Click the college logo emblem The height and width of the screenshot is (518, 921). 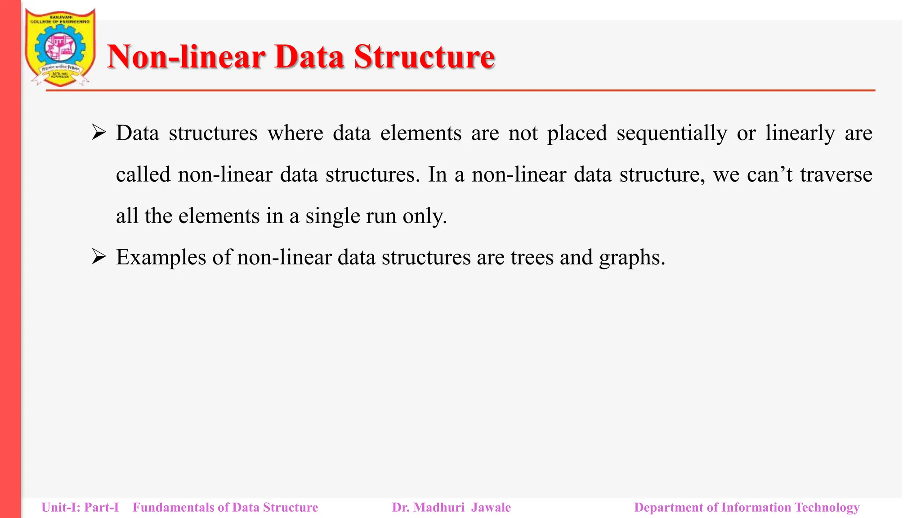(60, 48)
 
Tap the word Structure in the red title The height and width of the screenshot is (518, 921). (424, 57)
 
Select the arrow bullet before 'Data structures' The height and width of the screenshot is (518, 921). (98, 133)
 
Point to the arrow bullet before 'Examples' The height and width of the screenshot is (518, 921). (98, 257)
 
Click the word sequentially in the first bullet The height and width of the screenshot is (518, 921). (671, 134)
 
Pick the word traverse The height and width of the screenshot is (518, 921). (836, 175)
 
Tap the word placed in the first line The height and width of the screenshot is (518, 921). (577, 134)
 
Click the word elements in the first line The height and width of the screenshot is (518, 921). (420, 134)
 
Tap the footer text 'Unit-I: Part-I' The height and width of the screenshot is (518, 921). (80, 507)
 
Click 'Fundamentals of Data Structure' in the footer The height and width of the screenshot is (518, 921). (225, 507)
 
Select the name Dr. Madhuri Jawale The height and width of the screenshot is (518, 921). (452, 507)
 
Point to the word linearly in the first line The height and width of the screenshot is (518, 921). (800, 134)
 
